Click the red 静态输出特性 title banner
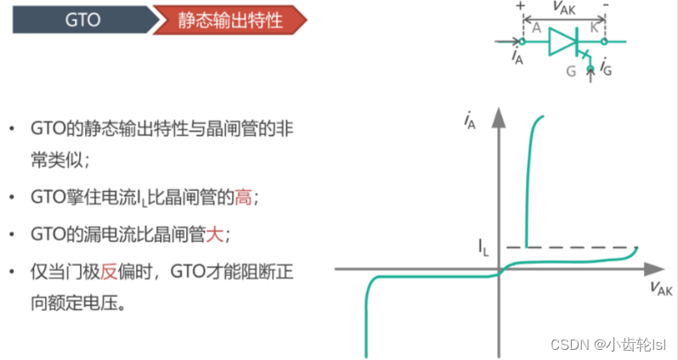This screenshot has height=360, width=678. pyautogui.click(x=229, y=18)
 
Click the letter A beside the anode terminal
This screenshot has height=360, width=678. pyautogui.click(x=536, y=28)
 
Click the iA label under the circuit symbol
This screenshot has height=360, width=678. pyautogui.click(x=517, y=58)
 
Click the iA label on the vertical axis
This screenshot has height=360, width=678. pyautogui.click(x=470, y=122)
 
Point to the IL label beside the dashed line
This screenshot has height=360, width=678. pyautogui.click(x=483, y=248)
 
